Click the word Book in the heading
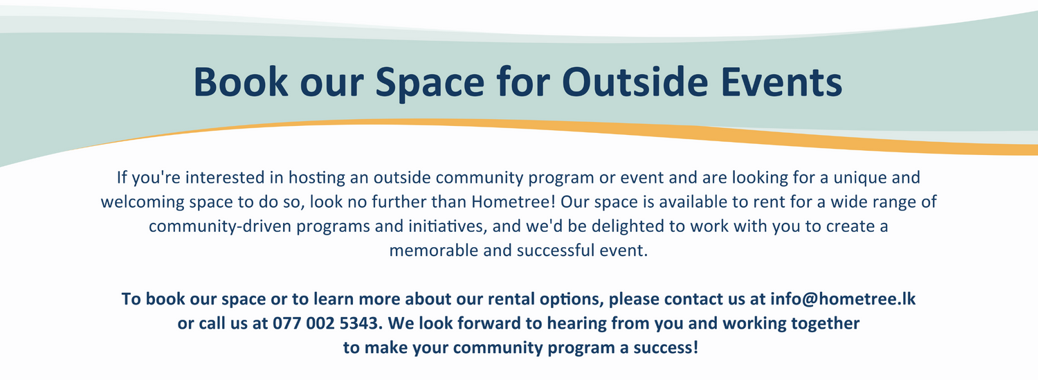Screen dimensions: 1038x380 [241, 82]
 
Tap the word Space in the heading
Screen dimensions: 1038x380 [430, 84]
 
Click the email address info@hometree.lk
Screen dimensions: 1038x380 [843, 299]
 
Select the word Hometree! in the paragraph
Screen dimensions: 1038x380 [513, 201]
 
